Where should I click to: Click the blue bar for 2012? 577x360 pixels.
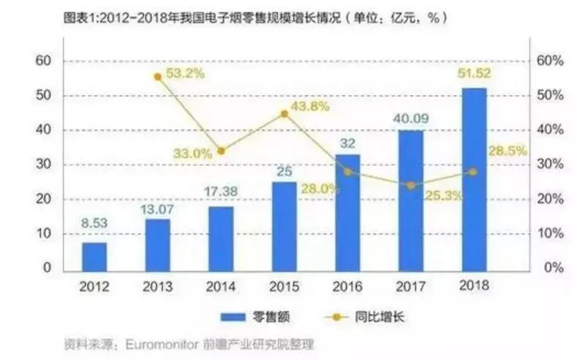94,255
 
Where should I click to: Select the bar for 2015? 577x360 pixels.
284,225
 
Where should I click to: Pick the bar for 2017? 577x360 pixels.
411,199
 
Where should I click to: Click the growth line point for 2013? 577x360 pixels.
157,76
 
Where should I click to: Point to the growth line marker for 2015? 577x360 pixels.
284,113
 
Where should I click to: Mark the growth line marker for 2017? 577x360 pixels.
411,185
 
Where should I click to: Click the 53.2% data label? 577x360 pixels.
185,74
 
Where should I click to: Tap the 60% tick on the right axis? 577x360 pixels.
550,61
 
